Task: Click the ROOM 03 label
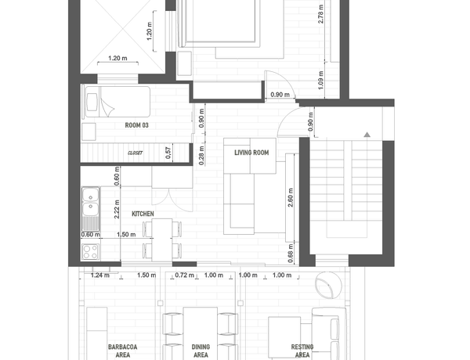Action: tap(136, 125)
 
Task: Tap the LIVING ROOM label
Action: tap(251, 153)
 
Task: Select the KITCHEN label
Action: tap(143, 214)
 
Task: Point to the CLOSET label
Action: tap(136, 153)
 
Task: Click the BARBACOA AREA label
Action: tap(123, 351)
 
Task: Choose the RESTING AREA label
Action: tap(302, 351)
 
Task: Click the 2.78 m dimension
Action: tap(320, 14)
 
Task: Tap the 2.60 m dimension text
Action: tap(290, 197)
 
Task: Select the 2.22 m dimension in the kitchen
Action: tap(117, 209)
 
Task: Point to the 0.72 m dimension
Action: tap(184, 275)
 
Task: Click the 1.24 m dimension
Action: tap(100, 275)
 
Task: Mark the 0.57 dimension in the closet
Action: tap(168, 153)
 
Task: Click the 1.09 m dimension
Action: tap(320, 80)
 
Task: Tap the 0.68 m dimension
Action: tap(290, 253)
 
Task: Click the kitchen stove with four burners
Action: tap(90, 252)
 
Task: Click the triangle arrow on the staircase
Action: tap(367, 135)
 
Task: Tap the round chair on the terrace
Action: tap(328, 285)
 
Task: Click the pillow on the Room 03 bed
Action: tap(92, 102)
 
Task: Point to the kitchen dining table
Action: tap(162, 239)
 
